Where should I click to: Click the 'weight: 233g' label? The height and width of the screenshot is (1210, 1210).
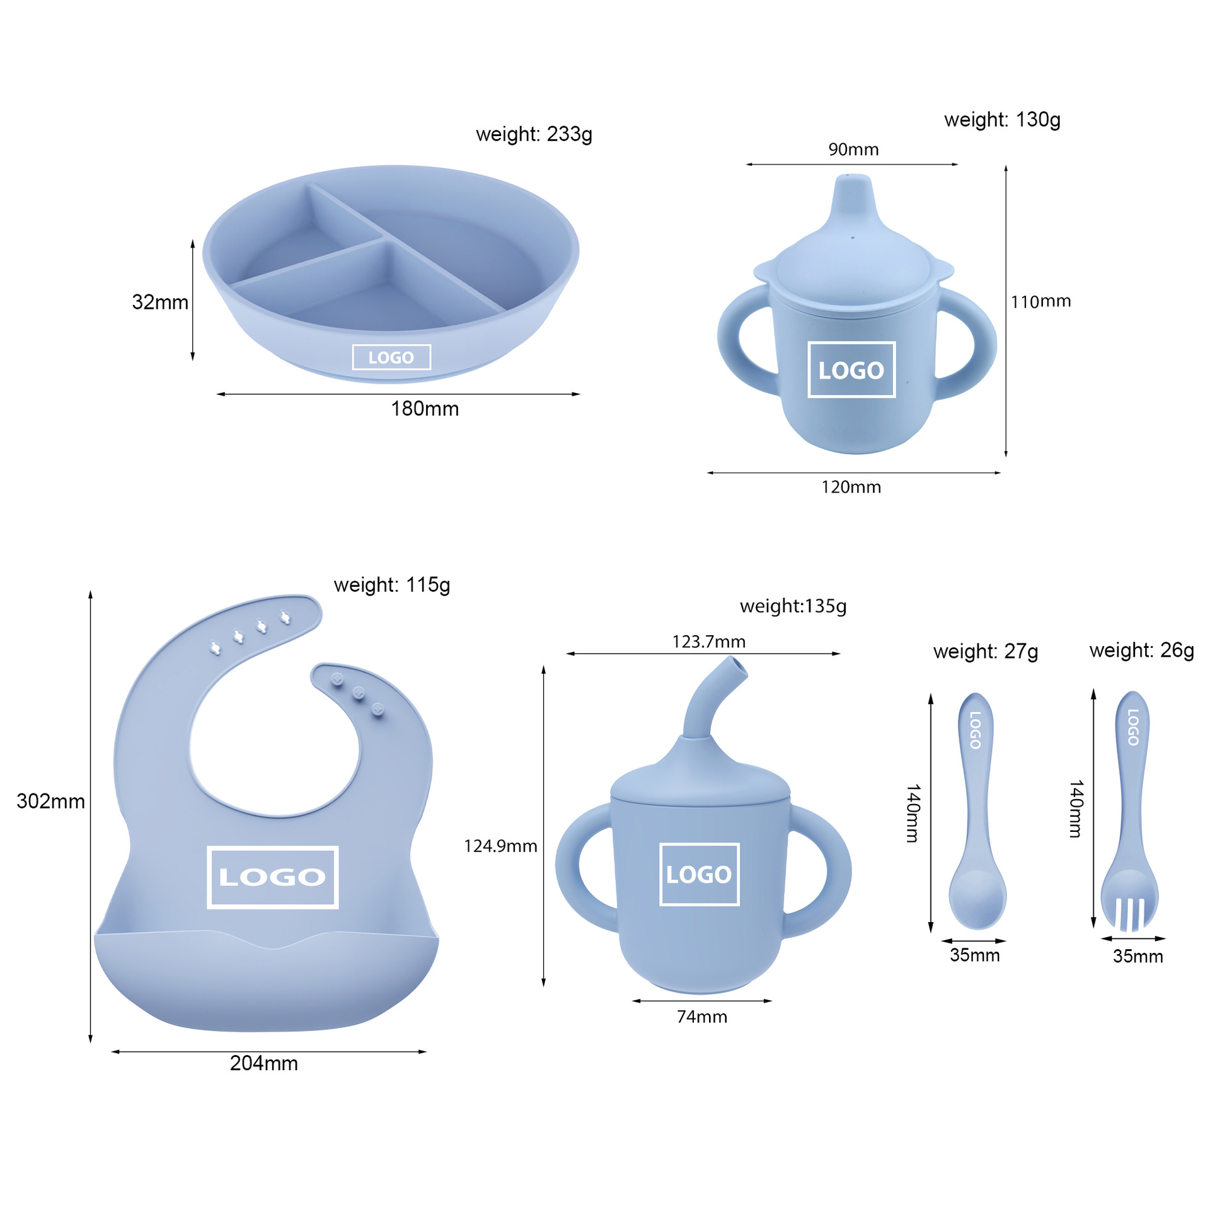[534, 134]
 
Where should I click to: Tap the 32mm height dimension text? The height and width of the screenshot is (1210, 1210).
[160, 302]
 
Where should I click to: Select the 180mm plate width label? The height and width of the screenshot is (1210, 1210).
[425, 409]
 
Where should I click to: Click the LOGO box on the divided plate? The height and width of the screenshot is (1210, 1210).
[391, 357]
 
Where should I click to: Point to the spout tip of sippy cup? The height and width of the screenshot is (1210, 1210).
[853, 180]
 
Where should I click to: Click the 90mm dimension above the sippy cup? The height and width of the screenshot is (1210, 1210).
[853, 150]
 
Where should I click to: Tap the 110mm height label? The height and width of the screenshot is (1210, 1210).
[1040, 302]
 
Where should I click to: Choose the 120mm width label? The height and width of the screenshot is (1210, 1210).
[851, 487]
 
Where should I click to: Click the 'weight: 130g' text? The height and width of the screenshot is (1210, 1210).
[1002, 120]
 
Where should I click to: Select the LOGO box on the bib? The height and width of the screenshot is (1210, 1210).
[272, 877]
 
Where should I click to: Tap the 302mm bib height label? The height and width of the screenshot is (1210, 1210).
[50, 801]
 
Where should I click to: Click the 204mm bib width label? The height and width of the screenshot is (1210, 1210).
[263, 1063]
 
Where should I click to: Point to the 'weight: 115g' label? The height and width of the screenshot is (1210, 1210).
[391, 585]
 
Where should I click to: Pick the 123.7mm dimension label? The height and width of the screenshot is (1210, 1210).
[708, 642]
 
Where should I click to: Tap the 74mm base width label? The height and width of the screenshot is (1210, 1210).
[702, 1017]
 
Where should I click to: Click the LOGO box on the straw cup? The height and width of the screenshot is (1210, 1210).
[699, 874]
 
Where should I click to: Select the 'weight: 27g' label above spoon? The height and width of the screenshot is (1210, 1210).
[985, 651]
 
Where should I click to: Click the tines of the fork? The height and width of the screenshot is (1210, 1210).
[1129, 913]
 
